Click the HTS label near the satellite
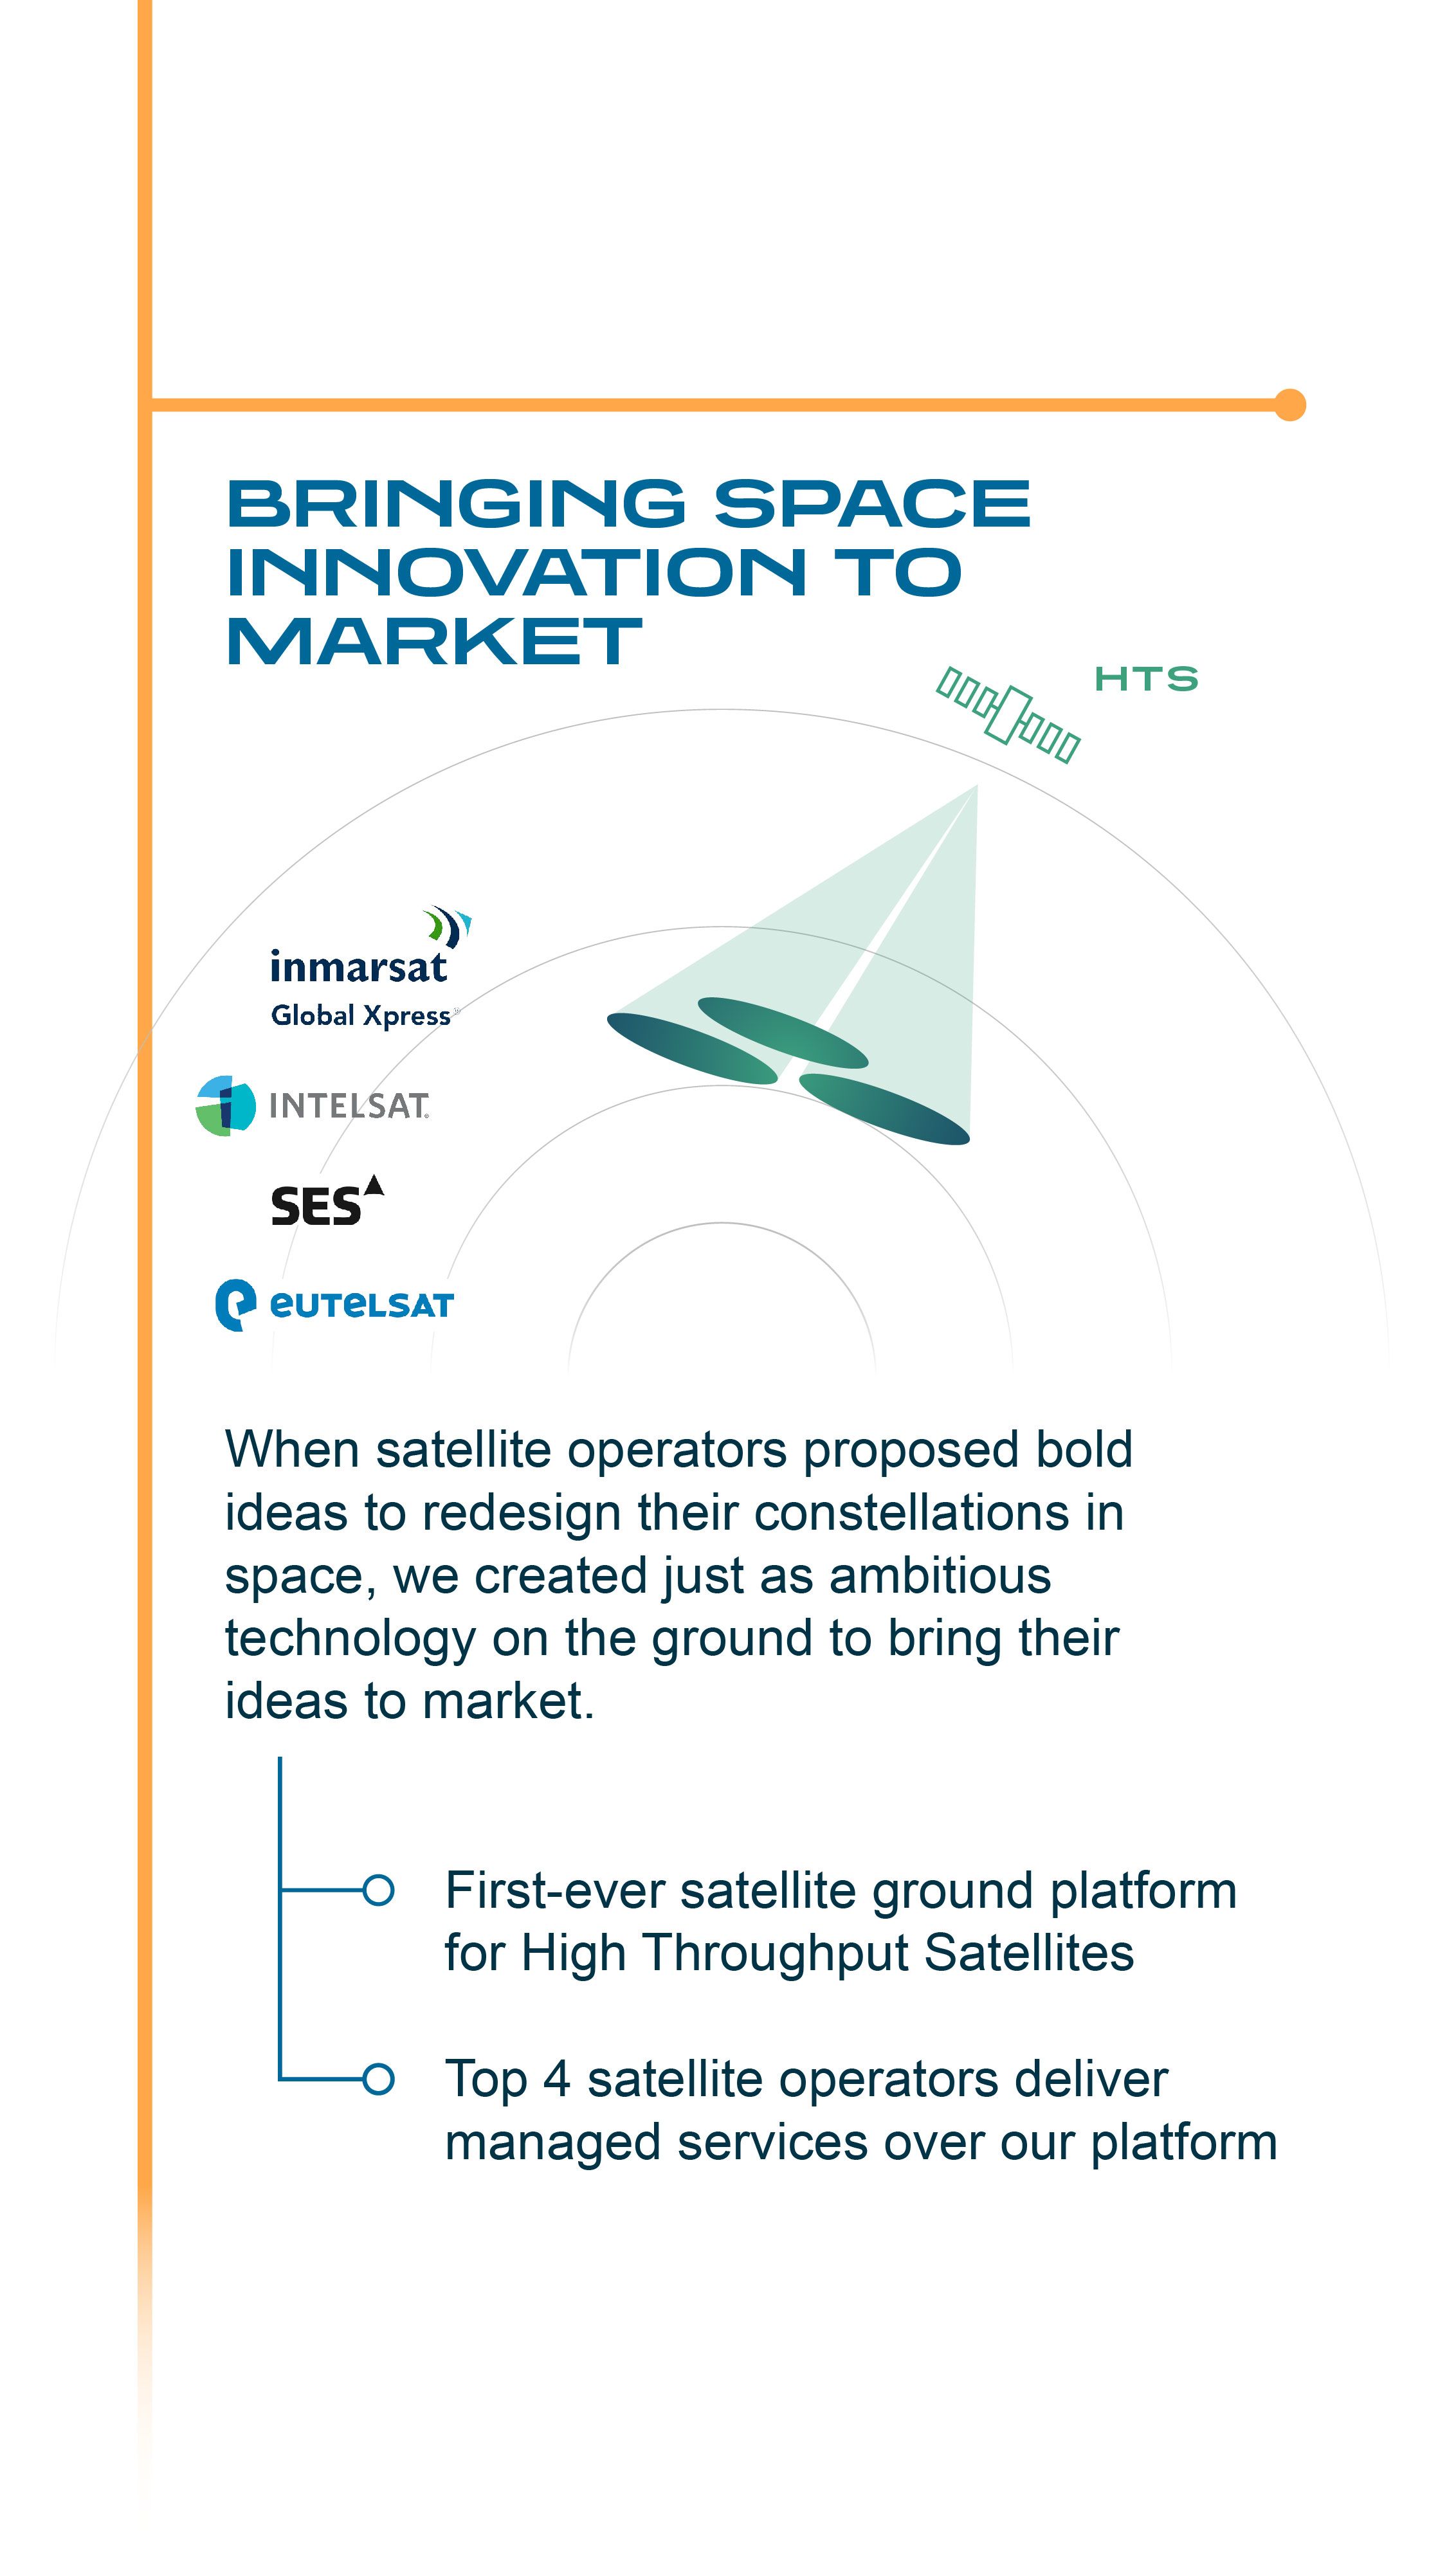click(1145, 679)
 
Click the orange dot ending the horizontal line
click(1290, 404)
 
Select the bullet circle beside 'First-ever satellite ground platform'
click(378, 1890)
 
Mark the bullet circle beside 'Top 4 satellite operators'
click(378, 2079)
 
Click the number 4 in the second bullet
click(556, 2079)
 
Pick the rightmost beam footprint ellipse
click(885, 1109)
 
